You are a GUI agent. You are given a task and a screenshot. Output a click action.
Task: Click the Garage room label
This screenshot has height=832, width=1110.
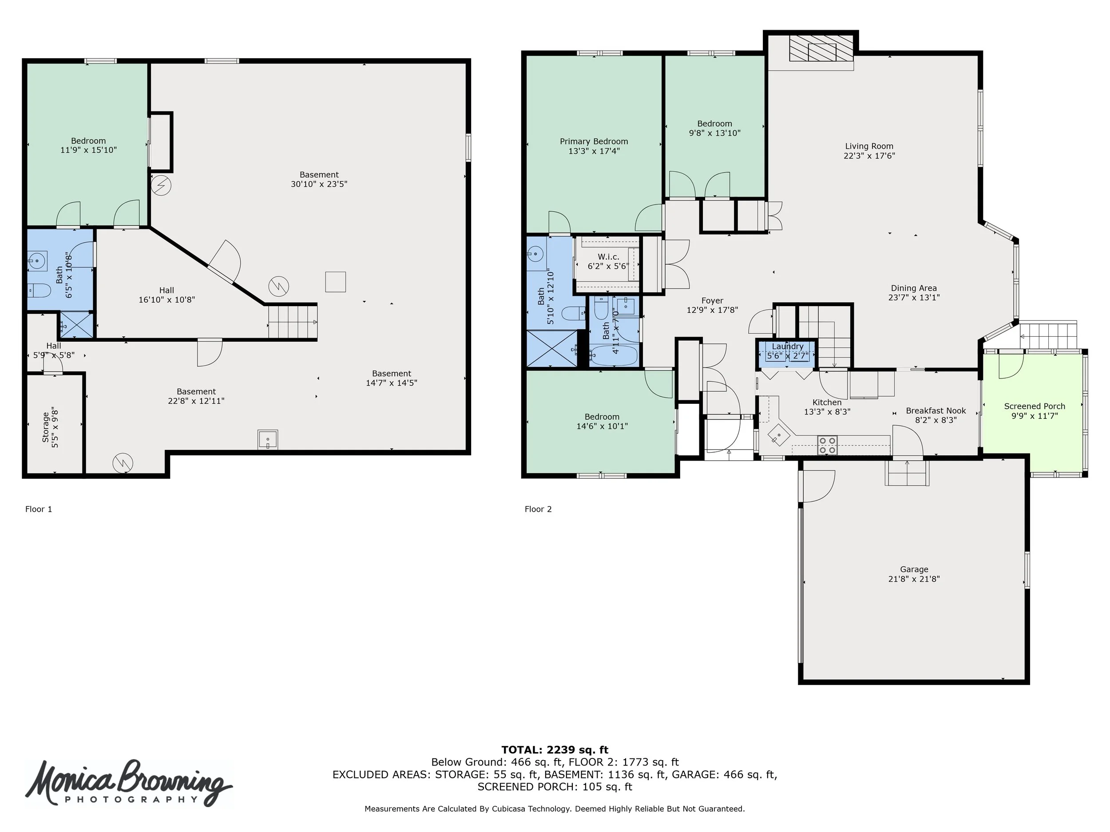pyautogui.click(x=914, y=569)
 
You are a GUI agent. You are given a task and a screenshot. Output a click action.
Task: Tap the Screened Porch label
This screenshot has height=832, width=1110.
pyautogui.click(x=1034, y=406)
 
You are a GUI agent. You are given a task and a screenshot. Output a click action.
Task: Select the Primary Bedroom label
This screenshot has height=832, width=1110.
pyautogui.click(x=594, y=142)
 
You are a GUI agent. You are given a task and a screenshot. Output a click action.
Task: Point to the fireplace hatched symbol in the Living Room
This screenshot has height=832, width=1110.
pyautogui.click(x=821, y=48)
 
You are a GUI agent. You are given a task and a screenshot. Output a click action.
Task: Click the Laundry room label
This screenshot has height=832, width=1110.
pyautogui.click(x=787, y=346)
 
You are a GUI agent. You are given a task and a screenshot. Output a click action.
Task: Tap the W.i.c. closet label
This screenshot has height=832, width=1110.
pyautogui.click(x=608, y=257)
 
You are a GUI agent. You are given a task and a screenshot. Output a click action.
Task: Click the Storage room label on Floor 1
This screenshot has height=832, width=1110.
pyautogui.click(x=46, y=427)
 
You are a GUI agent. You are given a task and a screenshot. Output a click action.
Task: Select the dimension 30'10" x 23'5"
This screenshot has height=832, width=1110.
pyautogui.click(x=319, y=184)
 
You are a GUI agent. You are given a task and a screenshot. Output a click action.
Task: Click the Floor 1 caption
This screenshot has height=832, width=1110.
pyautogui.click(x=39, y=509)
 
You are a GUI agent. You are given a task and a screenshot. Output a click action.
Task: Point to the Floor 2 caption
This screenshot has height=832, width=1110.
pyautogui.click(x=538, y=509)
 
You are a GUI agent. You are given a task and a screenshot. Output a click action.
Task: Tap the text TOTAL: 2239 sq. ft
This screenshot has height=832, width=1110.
pyautogui.click(x=555, y=750)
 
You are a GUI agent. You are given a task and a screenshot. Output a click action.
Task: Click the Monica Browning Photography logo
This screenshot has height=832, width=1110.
pyautogui.click(x=128, y=785)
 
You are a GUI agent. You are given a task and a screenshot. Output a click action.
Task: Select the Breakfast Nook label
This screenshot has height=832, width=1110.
pyautogui.click(x=936, y=411)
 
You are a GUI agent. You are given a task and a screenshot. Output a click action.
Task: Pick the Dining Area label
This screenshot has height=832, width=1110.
pyautogui.click(x=914, y=288)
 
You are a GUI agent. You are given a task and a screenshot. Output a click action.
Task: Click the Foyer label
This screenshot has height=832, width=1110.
pyautogui.click(x=712, y=300)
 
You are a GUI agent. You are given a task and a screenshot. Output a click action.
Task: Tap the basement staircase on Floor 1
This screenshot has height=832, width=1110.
pyautogui.click(x=293, y=321)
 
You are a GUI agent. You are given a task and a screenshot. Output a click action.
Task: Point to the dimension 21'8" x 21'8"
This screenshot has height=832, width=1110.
pyautogui.click(x=914, y=579)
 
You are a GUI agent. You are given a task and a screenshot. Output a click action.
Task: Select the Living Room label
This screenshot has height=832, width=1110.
pyautogui.click(x=869, y=146)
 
